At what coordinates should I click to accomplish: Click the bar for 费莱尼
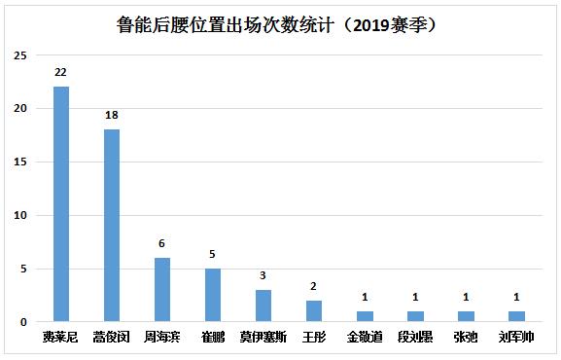[61, 203]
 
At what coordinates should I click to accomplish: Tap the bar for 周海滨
[162, 289]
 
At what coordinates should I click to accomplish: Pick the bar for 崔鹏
[213, 295]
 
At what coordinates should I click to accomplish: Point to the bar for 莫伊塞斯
[263, 306]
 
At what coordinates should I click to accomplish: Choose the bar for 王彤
[314, 311]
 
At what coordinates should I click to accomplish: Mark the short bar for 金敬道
[365, 316]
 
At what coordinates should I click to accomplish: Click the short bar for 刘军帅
[516, 316]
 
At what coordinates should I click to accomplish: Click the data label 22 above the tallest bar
[61, 72]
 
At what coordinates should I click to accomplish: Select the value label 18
[112, 115]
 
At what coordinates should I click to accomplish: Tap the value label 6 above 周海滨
[162, 243]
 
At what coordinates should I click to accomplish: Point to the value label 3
[263, 275]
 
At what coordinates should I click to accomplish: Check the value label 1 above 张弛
[466, 297]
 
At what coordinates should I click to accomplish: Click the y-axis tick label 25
[19, 54]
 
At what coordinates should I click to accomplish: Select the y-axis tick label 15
[19, 162]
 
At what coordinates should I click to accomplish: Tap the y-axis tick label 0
[22, 322]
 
